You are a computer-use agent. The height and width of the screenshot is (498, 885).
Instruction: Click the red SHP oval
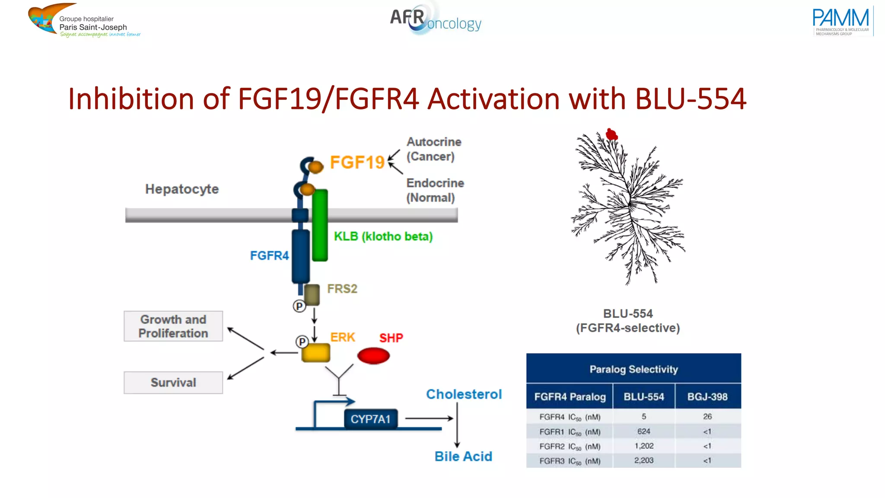pos(373,356)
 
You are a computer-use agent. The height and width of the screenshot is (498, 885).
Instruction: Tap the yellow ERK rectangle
pos(315,353)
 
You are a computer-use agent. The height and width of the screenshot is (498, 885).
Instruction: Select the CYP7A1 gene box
pos(370,419)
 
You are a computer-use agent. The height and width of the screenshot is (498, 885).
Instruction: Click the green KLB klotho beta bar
pos(320,225)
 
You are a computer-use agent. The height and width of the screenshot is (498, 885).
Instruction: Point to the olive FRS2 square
pos(312,294)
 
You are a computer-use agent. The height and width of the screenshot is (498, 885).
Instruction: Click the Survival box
pos(173,383)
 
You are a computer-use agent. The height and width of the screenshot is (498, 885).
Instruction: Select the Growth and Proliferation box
pos(173,326)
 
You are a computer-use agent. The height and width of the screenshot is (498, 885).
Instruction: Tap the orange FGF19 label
pos(357,163)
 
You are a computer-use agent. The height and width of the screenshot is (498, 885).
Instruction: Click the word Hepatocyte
pos(182,189)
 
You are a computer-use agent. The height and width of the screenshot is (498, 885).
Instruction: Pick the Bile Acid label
pos(463,456)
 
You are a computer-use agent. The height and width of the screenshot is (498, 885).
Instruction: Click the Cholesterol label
pos(464,394)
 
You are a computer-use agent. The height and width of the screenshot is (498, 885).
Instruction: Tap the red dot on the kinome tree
pos(611,134)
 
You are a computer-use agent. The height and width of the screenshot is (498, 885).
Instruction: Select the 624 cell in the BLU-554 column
pos(643,431)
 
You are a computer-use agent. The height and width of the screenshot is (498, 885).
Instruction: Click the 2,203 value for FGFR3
pos(643,460)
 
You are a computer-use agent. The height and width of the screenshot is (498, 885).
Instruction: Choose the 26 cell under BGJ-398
pos(707,417)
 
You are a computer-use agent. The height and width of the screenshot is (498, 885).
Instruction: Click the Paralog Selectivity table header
pos(634,369)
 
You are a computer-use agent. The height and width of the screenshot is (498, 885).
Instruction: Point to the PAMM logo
pos(841,21)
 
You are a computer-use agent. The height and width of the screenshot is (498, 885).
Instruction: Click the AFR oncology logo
pos(435,19)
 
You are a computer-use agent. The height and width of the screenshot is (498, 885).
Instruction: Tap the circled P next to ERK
pos(302,342)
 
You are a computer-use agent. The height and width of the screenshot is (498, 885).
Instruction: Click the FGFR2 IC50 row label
pos(570,446)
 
